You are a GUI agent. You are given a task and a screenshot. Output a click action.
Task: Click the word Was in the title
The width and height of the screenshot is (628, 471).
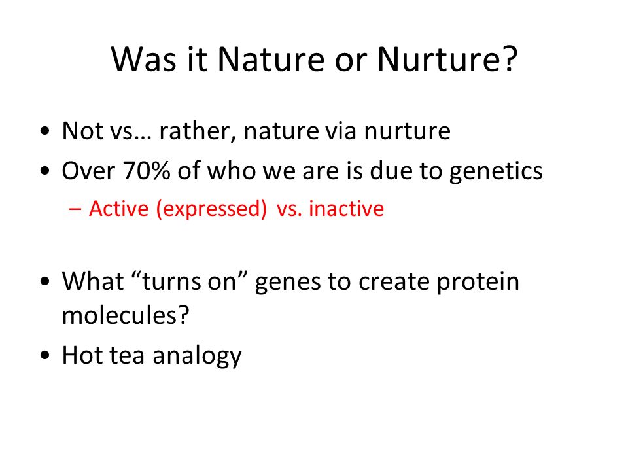(x=143, y=60)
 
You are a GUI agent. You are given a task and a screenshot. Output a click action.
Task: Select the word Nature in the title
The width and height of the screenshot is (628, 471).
(x=271, y=60)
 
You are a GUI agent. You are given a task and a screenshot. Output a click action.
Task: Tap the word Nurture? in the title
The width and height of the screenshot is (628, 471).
(x=447, y=60)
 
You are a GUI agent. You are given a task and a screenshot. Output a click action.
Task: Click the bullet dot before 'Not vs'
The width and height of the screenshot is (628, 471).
(x=45, y=131)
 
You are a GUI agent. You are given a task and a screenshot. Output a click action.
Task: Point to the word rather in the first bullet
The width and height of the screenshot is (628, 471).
(x=196, y=131)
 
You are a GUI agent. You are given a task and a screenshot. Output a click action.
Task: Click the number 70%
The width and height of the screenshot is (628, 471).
(x=147, y=170)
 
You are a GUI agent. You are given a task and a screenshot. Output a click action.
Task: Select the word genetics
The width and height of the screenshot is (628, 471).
(x=496, y=171)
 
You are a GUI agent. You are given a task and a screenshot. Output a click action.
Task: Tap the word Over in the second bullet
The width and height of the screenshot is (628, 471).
(x=88, y=170)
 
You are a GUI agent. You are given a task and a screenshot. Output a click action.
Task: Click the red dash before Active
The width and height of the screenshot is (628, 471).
(x=75, y=209)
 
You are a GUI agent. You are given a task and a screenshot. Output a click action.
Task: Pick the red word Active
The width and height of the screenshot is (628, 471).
(x=118, y=209)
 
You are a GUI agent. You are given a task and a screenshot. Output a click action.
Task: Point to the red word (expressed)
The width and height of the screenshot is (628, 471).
(x=211, y=209)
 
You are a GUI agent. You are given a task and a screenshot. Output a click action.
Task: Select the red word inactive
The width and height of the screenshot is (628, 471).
(x=347, y=209)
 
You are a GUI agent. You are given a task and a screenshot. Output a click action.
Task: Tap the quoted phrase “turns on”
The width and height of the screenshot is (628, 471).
(x=188, y=281)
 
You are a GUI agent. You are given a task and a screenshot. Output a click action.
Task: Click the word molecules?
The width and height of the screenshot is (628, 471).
(x=126, y=315)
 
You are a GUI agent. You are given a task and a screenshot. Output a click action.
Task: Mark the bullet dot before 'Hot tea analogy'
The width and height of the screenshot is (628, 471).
(x=45, y=355)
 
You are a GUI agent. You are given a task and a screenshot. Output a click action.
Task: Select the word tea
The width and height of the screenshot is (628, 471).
(x=126, y=356)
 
